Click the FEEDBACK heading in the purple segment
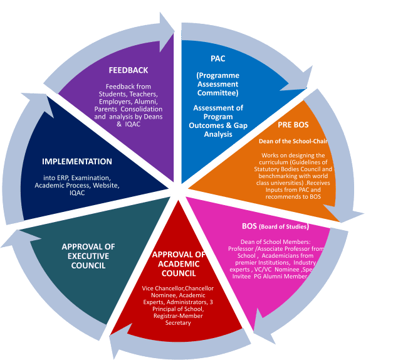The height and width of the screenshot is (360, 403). click(128, 70)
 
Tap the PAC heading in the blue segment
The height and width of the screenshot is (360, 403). click(217, 58)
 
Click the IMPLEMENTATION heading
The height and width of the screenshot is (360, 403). click(76, 162)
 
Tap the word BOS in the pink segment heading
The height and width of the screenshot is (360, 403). click(249, 226)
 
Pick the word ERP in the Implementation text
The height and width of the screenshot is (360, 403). click(68, 177)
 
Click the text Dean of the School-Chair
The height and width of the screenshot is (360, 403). click(293, 140)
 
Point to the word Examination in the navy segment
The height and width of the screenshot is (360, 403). click(93, 177)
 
